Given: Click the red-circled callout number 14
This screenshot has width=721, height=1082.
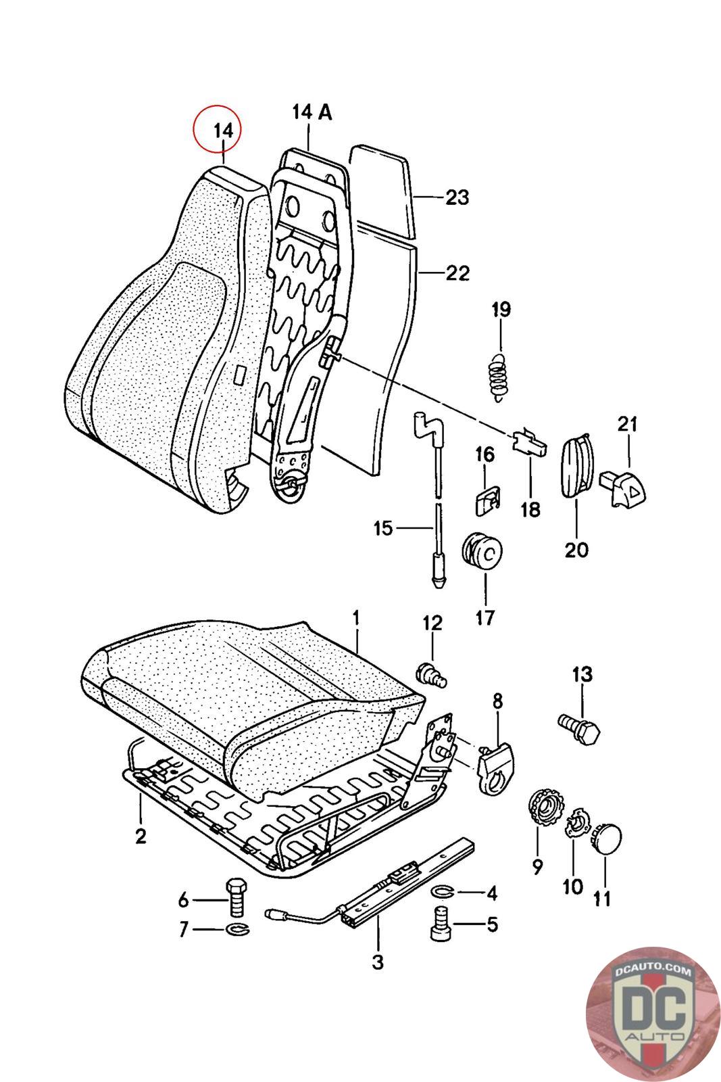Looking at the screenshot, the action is click(224, 131).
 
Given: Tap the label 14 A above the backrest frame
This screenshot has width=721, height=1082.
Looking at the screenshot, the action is click(312, 112).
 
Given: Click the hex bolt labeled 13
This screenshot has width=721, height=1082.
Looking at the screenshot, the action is click(578, 729).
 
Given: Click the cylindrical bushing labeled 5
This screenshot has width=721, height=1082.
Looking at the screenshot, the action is click(440, 924).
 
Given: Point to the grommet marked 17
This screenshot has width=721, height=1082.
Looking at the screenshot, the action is click(482, 550).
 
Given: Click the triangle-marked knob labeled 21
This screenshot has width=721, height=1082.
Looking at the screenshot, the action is click(622, 489).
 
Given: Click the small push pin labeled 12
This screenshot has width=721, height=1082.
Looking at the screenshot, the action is click(431, 675).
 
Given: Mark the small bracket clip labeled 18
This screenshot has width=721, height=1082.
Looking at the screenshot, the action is click(529, 443).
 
